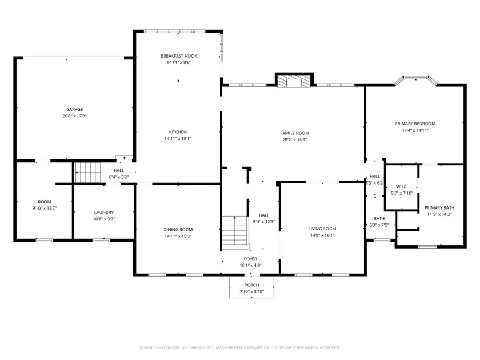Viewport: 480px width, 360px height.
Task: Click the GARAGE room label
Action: (x=74, y=109)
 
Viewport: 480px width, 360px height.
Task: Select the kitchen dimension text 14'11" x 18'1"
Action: (x=178, y=139)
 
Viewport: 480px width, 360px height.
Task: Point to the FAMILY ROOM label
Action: (x=294, y=133)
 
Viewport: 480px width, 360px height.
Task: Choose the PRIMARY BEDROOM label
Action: (x=415, y=124)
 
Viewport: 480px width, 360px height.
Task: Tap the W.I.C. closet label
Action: (x=402, y=187)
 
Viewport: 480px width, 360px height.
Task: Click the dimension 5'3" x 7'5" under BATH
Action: (x=379, y=225)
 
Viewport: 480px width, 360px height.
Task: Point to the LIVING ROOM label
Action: (x=322, y=229)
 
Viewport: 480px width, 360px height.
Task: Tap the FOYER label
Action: (x=251, y=259)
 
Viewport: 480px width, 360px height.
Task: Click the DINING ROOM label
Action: (x=178, y=230)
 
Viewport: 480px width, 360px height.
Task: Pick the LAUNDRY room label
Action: (x=103, y=212)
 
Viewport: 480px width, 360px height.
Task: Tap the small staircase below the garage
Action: (x=87, y=172)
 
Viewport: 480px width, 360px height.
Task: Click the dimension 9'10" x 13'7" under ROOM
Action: (x=44, y=208)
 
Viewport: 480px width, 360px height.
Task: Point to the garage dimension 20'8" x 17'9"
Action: (x=74, y=116)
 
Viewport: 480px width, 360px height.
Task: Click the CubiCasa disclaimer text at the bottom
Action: (x=239, y=348)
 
